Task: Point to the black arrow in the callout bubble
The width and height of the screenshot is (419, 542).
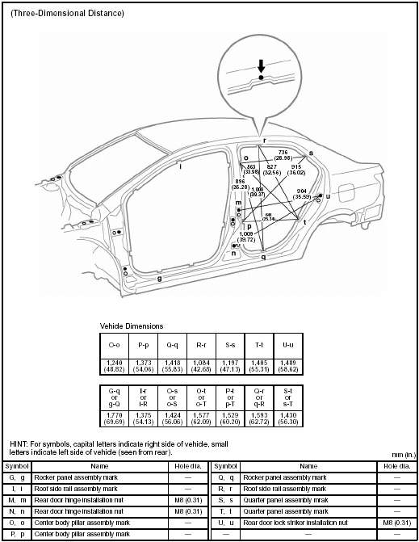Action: click(260, 69)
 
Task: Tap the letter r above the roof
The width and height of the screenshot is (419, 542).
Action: click(264, 140)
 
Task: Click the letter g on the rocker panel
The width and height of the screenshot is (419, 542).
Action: click(159, 278)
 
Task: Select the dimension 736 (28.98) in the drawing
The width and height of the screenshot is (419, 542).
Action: click(283, 155)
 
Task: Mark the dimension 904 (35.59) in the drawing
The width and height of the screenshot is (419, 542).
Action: click(301, 195)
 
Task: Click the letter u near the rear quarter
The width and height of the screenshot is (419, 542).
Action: click(328, 196)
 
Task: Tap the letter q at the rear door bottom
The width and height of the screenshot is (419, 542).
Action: click(263, 256)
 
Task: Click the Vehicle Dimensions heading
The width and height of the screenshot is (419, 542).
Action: click(132, 326)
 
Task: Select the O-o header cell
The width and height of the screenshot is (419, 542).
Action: click(115, 344)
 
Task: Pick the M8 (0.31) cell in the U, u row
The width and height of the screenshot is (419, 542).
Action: click(395, 523)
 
